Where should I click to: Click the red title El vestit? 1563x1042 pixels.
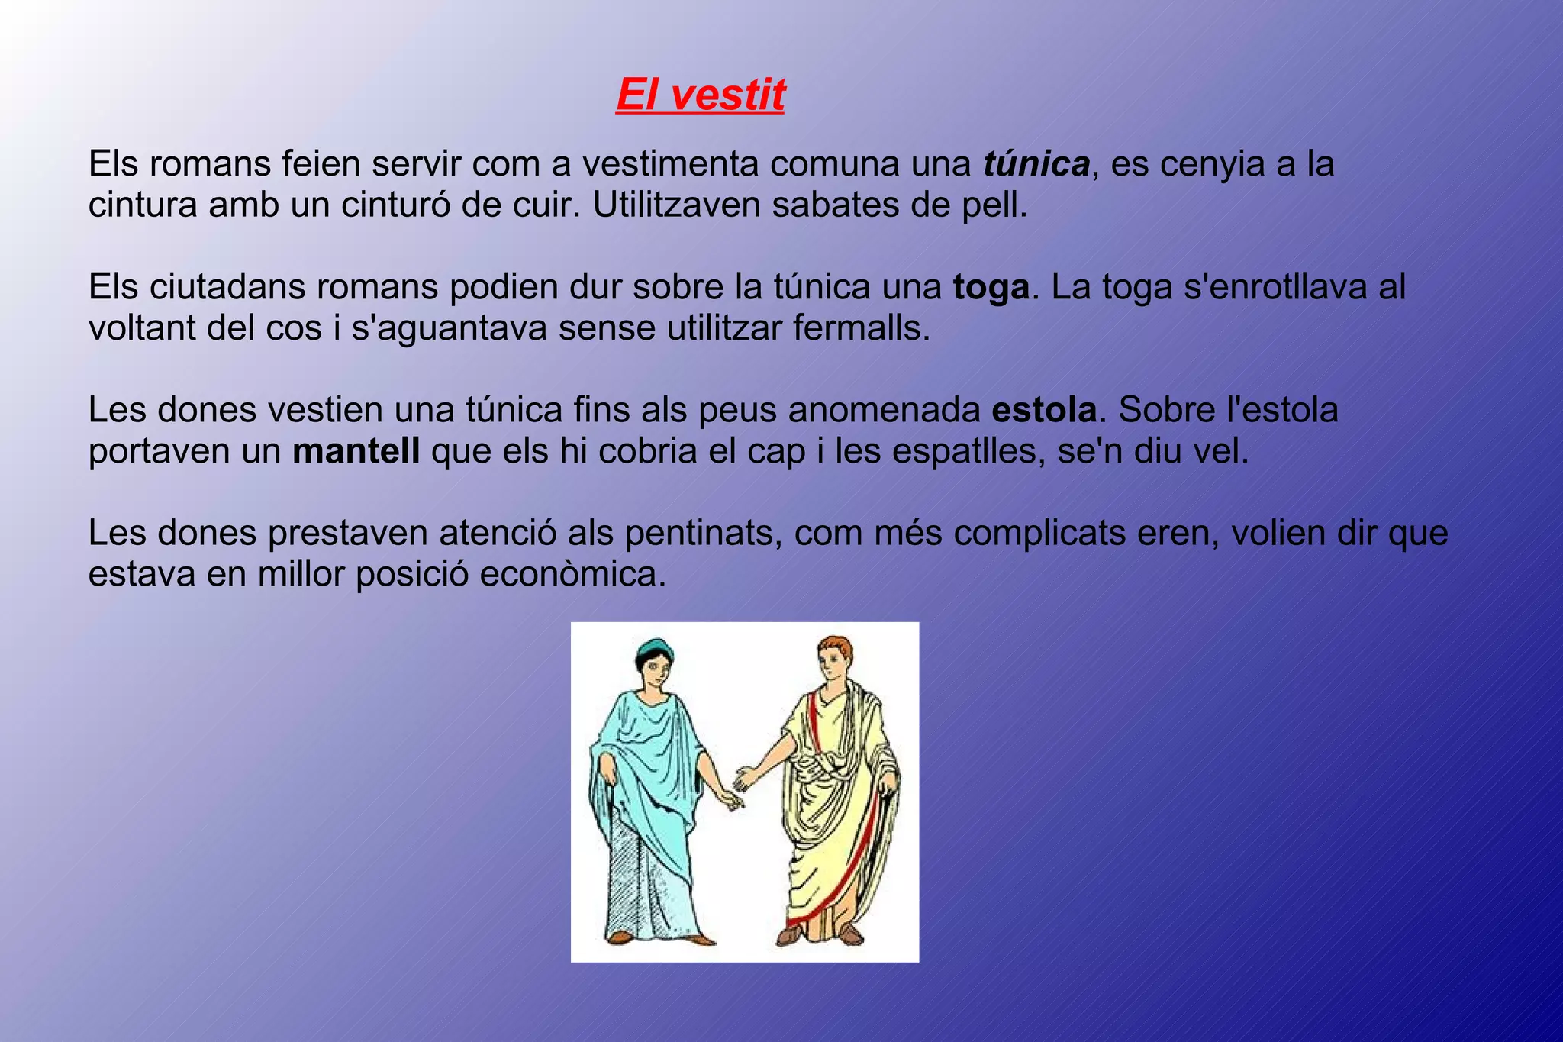point(700,95)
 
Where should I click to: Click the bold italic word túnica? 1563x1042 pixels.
point(1036,164)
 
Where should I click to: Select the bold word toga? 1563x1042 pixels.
point(991,288)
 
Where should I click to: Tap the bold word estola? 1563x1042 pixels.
point(1044,411)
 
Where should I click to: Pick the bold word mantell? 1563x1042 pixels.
point(356,451)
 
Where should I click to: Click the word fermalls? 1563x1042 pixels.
point(862,328)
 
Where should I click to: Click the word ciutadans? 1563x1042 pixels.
point(226,288)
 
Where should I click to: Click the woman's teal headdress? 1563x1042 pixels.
point(654,649)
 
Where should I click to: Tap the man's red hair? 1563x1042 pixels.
point(835,646)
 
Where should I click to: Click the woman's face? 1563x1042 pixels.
point(655,670)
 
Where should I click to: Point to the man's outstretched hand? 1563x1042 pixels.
point(743,779)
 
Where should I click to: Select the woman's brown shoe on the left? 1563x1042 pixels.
point(620,937)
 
